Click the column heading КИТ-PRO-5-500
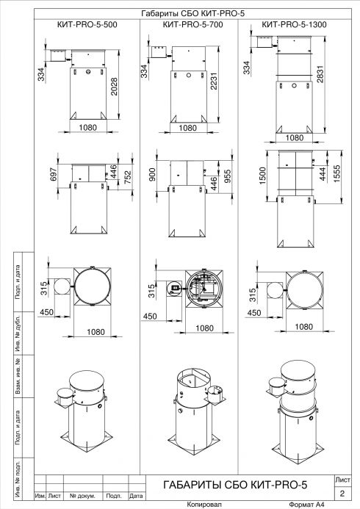pyautogui.click(x=87, y=25)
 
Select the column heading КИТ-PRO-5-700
pyautogui.click(x=192, y=25)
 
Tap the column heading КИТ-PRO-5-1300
pyautogui.click(x=294, y=25)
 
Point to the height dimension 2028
pyautogui.click(x=115, y=87)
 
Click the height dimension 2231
pyautogui.click(x=214, y=81)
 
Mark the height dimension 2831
pyautogui.click(x=320, y=74)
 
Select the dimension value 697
pyautogui.click(x=54, y=174)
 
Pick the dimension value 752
pyautogui.click(x=128, y=177)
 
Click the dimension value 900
pyautogui.click(x=152, y=175)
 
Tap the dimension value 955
pyautogui.click(x=228, y=176)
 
